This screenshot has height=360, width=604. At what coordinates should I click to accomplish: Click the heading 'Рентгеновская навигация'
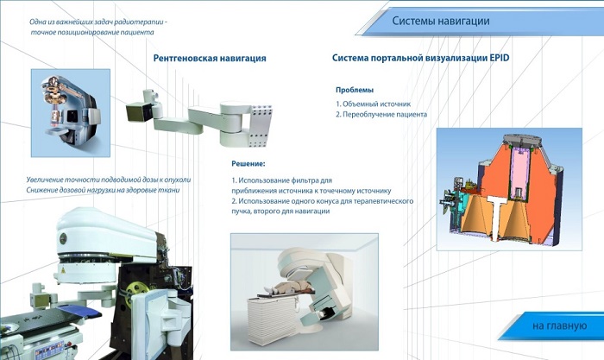tap(210, 58)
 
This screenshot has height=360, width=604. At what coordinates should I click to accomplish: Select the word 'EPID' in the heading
tap(500, 58)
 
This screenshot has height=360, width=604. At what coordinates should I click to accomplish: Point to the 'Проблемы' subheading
tap(355, 90)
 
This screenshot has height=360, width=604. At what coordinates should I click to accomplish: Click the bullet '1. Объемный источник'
tap(373, 104)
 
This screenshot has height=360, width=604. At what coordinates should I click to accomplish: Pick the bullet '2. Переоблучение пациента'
tap(381, 115)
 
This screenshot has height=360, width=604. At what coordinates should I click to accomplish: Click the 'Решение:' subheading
tap(249, 164)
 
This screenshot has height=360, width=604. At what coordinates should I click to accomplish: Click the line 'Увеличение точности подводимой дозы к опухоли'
tap(109, 180)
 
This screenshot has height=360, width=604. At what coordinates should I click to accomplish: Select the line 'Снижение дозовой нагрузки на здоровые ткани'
tap(103, 190)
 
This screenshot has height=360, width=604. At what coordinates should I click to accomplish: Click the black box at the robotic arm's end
tap(138, 111)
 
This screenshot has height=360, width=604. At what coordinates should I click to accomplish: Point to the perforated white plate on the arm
tap(261, 125)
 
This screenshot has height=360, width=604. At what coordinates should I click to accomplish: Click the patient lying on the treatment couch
tap(288, 287)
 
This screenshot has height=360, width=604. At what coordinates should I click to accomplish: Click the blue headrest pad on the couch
tap(79, 310)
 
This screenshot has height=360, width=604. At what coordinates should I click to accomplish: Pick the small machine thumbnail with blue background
tap(71, 113)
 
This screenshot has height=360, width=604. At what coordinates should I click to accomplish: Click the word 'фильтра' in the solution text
tap(305, 180)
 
